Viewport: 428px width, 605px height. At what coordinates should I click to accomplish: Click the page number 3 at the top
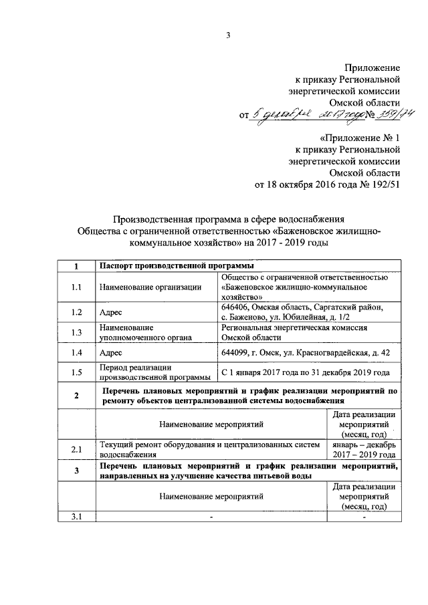coord(227,35)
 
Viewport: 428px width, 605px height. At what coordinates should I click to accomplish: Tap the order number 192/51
coord(384,185)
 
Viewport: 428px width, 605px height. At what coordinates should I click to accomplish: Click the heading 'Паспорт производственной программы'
coord(171,267)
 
